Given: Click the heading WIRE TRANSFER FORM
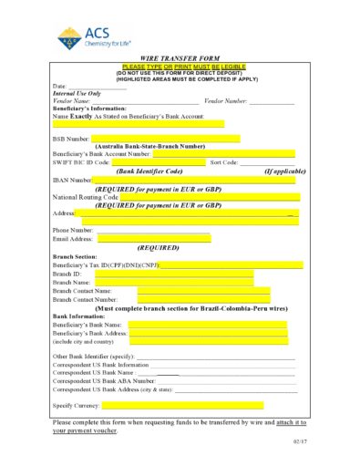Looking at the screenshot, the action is tap(180, 57).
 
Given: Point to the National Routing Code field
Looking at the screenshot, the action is tap(210, 196).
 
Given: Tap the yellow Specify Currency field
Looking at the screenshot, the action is tap(182, 405).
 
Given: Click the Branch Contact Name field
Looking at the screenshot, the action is tap(203, 290).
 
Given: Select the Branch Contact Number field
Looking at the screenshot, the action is tap(203, 298).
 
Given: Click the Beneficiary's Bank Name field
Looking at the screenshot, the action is tap(208, 324).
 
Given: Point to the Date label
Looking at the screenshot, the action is tap(60, 85).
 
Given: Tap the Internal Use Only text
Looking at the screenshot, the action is tap(77, 93).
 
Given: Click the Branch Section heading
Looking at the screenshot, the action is tap(75, 256).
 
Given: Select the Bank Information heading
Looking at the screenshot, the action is tap(78, 316).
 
